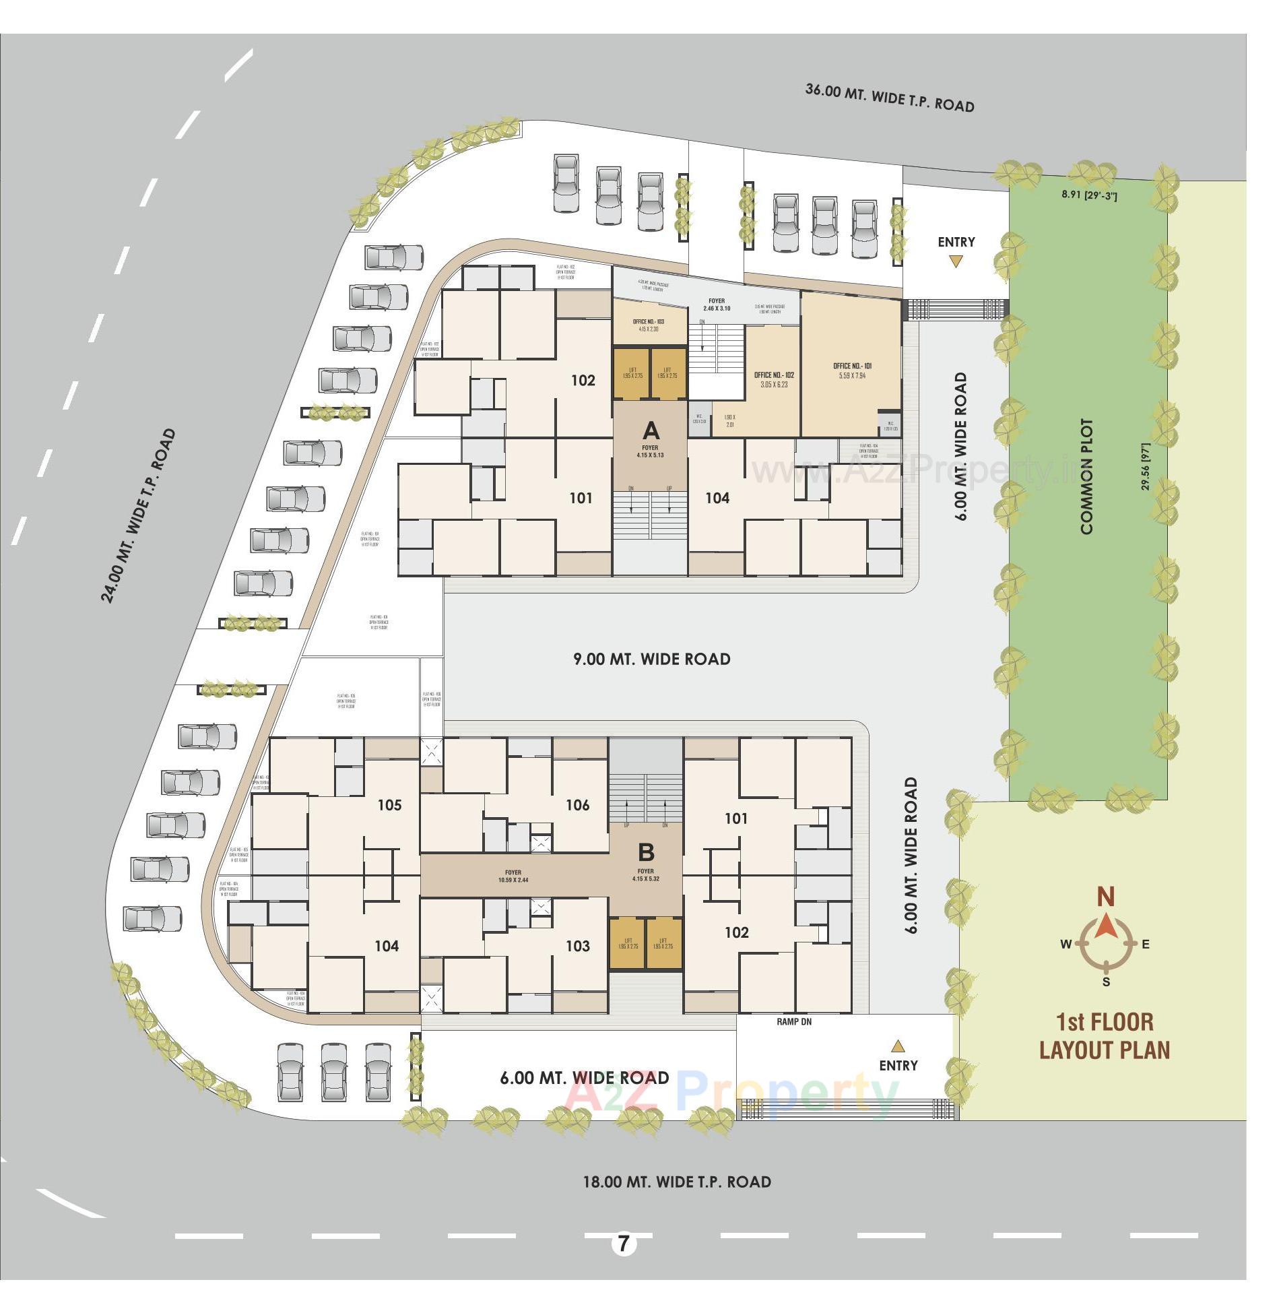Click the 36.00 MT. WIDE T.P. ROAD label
point(890,98)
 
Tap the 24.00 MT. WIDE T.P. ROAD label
point(138,515)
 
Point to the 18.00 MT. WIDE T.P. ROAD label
point(676,1182)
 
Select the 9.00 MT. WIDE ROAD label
point(651,659)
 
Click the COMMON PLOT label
point(1086,477)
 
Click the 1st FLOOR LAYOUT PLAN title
point(1105,1035)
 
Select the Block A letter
point(651,430)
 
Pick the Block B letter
point(646,852)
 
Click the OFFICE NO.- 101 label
point(852,366)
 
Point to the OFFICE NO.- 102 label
point(774,375)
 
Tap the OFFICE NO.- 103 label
point(649,322)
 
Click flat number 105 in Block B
point(389,805)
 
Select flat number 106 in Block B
point(577,805)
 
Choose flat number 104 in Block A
point(717,498)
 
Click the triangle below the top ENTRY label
point(956,261)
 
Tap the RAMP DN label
point(794,1022)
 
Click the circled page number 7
point(624,1243)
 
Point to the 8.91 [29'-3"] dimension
point(1089,195)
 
